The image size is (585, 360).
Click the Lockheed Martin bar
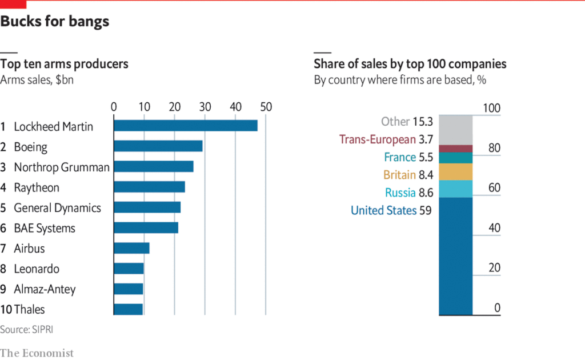186,126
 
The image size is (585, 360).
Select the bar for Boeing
158,146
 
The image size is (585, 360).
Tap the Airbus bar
131,248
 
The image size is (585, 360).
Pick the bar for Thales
128,309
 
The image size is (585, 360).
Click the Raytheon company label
37,187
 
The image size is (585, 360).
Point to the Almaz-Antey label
45,289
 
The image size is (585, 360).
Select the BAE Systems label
45,228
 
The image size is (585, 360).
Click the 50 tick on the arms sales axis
266,106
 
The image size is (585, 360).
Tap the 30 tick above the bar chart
205,106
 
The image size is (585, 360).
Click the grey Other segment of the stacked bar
455,130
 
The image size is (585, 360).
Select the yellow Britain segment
455,172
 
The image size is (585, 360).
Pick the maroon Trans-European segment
455,148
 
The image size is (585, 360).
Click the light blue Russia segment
455,189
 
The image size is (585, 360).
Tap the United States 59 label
391,210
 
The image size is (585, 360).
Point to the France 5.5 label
408,157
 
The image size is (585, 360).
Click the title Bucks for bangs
55,22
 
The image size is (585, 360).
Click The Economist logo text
37,353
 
